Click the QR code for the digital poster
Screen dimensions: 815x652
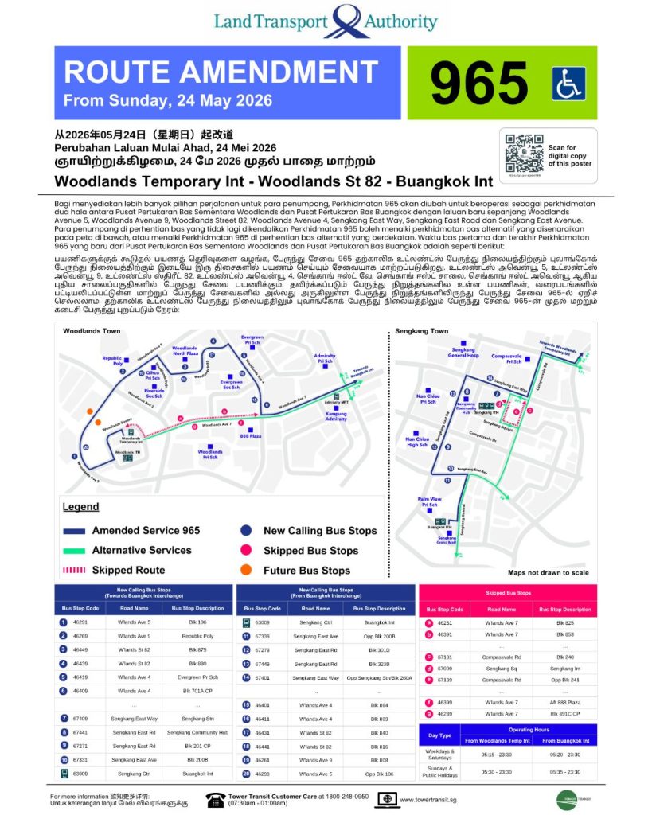tap(525, 153)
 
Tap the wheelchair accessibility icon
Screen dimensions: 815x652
tap(568, 83)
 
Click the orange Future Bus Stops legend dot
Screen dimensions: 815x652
tap(246, 571)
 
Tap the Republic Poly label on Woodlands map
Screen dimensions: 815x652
tap(112, 361)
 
